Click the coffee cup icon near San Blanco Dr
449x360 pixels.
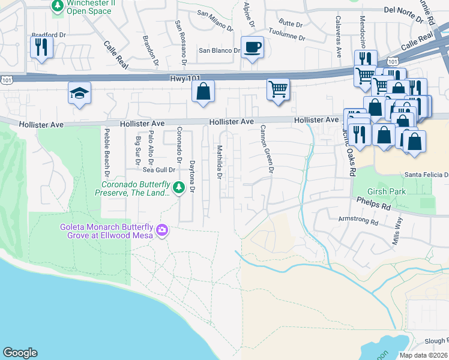[x=253, y=47]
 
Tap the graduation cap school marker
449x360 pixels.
[x=79, y=94]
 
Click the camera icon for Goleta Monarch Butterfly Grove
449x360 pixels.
[x=161, y=230]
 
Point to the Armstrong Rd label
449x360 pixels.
[x=357, y=221]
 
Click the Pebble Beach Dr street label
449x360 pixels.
[x=106, y=152]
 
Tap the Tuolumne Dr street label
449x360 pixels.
[x=286, y=35]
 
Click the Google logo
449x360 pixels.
[x=20, y=353]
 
